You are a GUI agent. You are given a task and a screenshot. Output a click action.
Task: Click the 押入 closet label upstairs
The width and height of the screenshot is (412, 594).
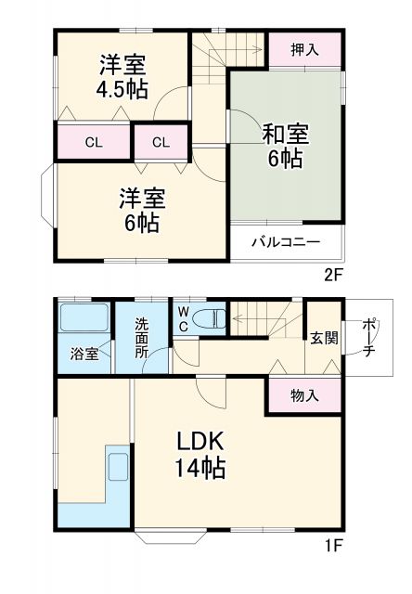click(303, 49)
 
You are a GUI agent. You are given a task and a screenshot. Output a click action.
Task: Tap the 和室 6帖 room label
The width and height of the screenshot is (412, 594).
click(285, 147)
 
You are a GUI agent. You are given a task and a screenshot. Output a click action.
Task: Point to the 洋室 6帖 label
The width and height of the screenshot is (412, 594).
click(141, 210)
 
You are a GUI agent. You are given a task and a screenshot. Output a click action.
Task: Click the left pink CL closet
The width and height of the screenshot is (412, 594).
click(94, 143)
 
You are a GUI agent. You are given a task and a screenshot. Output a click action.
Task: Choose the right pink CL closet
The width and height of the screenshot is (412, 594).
click(161, 143)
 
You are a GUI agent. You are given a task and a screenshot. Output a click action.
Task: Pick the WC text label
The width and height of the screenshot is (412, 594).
click(184, 318)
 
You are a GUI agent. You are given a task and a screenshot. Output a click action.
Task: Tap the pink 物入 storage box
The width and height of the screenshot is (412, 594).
click(304, 394)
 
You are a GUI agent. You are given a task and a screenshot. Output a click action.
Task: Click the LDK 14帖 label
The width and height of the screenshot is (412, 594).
click(198, 452)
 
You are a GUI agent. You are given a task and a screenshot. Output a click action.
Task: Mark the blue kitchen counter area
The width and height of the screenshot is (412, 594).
click(93, 497)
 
